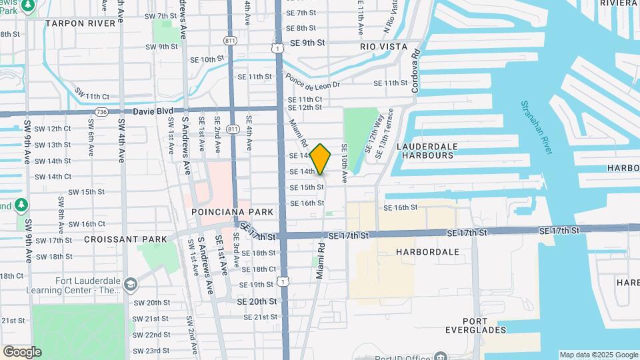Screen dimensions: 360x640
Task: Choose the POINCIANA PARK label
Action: click(233, 212)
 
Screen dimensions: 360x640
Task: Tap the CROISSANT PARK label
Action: click(116, 239)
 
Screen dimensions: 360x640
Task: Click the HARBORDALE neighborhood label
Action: click(427, 253)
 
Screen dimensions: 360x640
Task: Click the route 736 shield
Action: click(101, 111)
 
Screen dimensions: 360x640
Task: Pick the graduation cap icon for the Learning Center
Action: click(130, 285)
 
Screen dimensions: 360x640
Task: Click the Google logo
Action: click(21, 352)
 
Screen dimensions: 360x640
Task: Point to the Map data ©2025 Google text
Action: click(598, 355)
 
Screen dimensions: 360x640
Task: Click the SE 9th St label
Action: click(307, 43)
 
